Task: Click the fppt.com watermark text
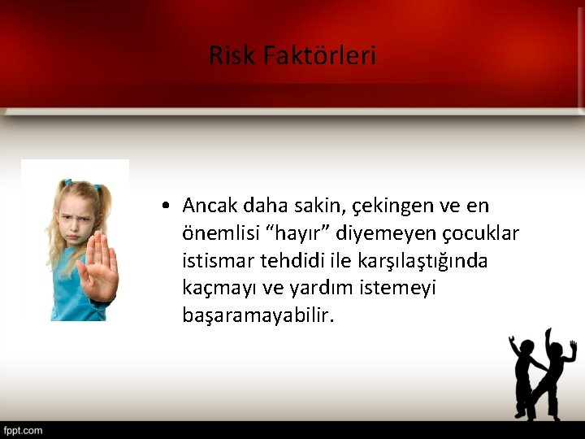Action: coord(23,430)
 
